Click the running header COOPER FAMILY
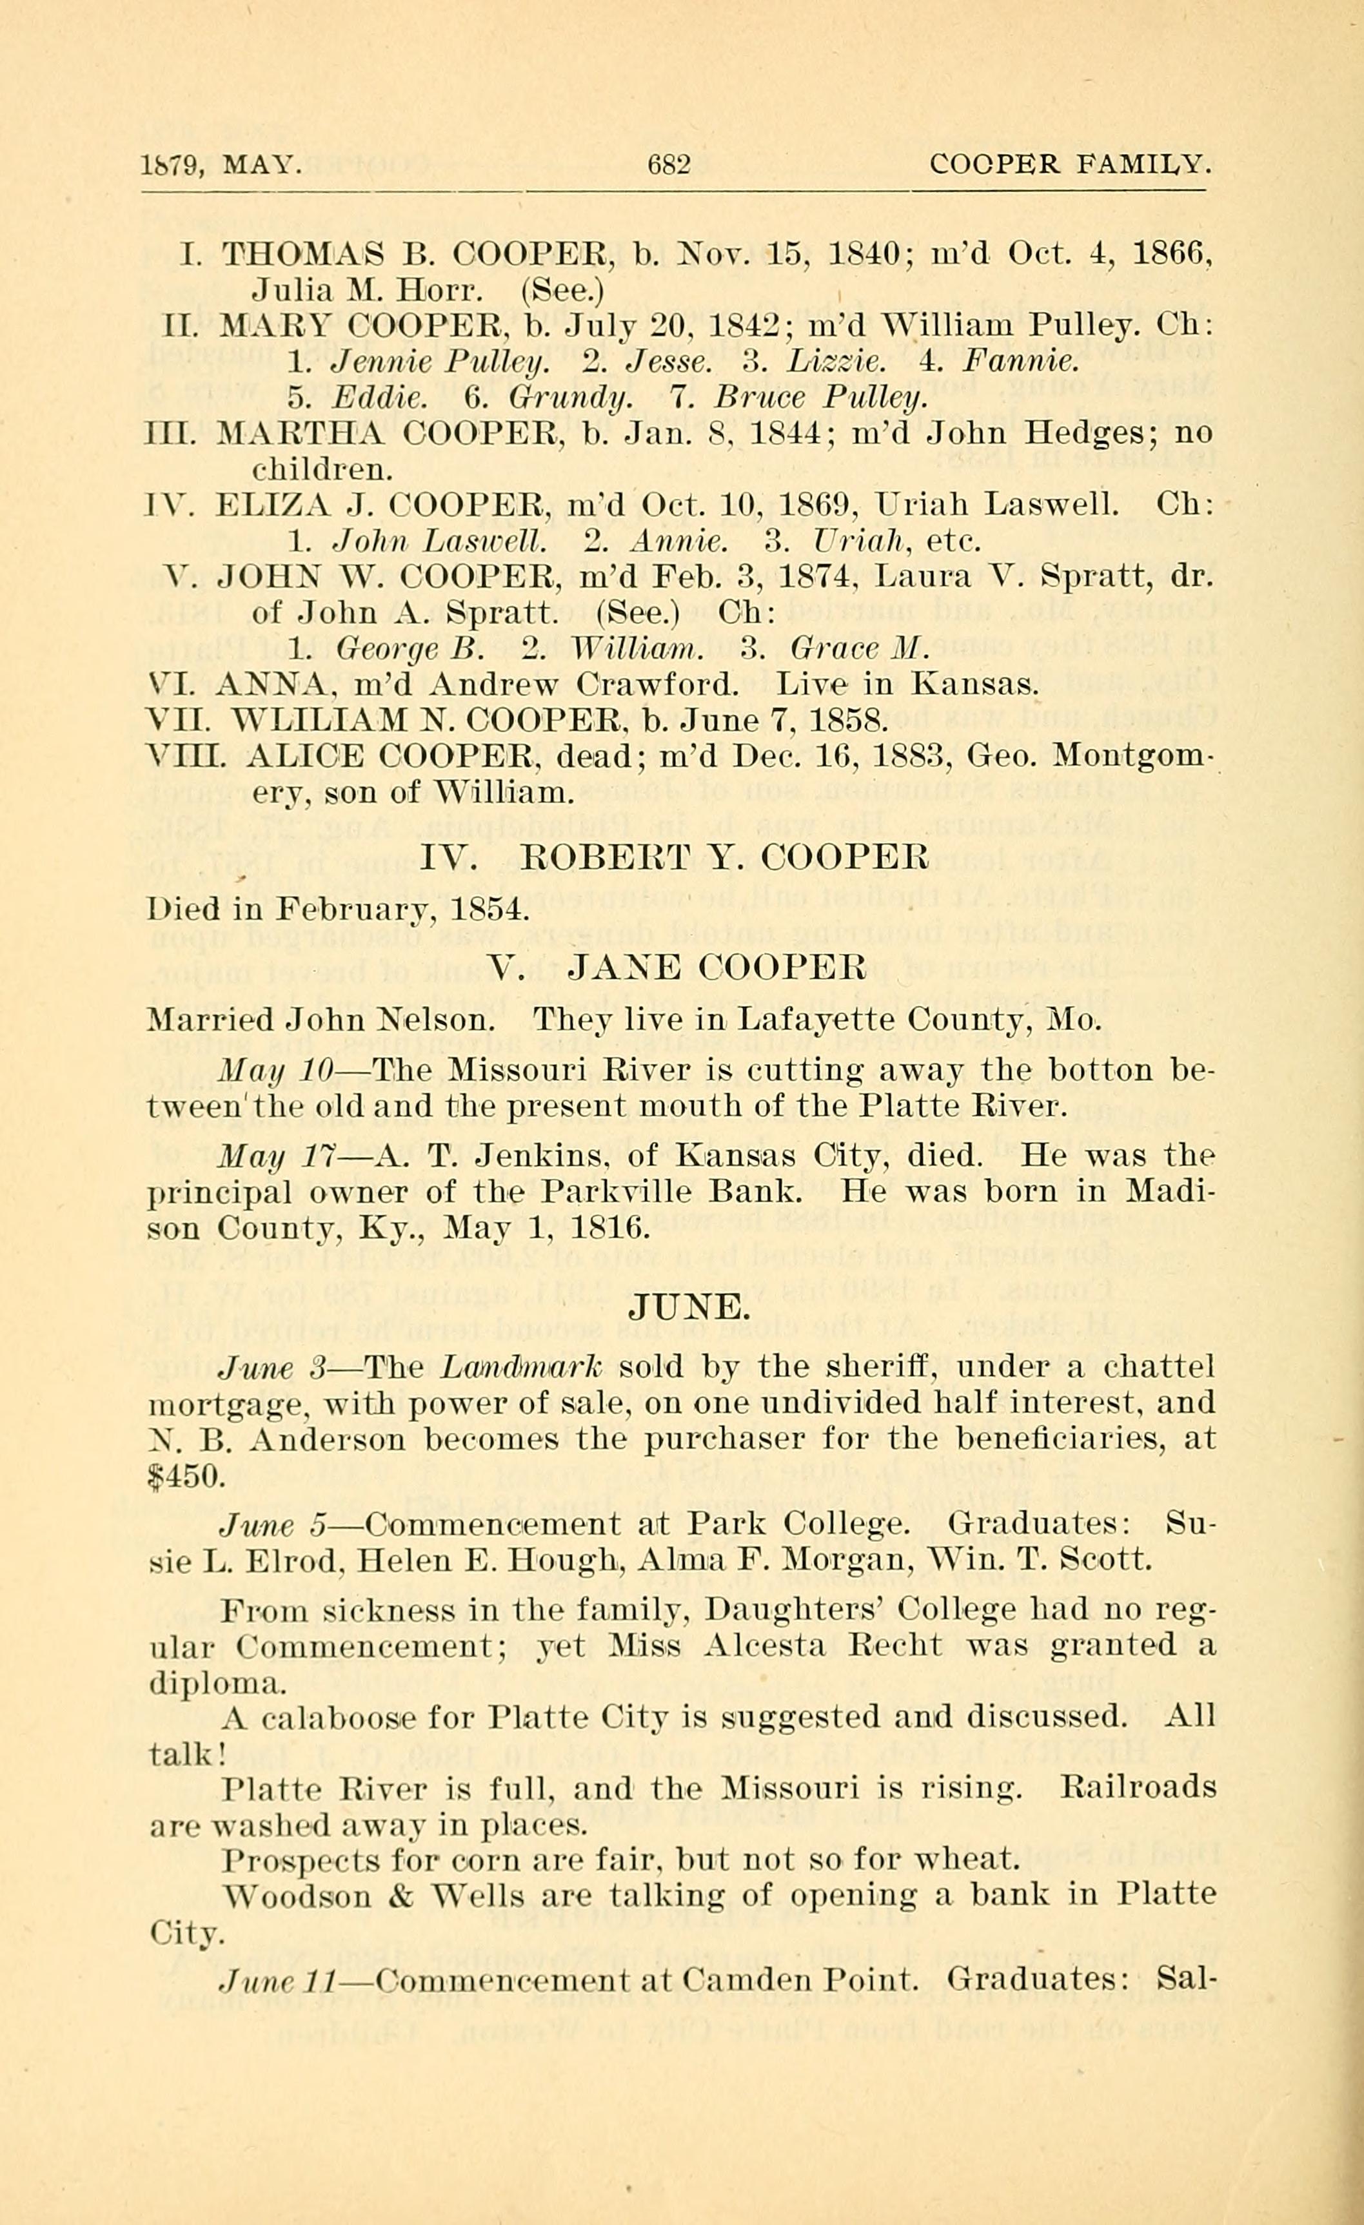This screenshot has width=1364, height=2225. [x=1068, y=165]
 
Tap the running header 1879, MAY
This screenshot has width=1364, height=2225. [x=221, y=165]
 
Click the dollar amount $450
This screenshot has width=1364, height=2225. [x=181, y=1477]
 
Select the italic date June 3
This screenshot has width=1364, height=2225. [x=275, y=1368]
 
